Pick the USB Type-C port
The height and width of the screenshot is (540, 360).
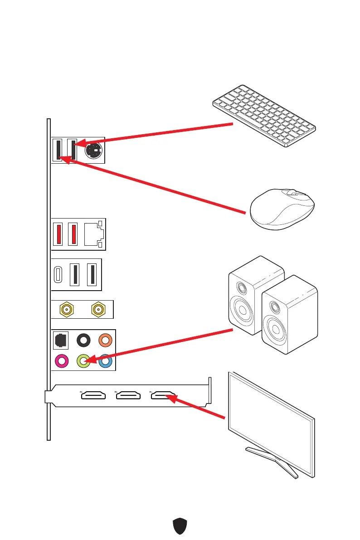[x=58, y=275]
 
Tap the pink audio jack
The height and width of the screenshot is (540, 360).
[x=61, y=361]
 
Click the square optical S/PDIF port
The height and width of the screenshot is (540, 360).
[x=61, y=340]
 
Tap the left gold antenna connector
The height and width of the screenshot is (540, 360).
[x=67, y=310]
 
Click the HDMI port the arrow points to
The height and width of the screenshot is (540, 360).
[x=164, y=397]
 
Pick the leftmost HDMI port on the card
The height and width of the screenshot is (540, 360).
[x=93, y=397]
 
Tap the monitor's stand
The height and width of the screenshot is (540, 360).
[x=272, y=460]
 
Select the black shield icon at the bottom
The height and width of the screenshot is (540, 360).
[x=180, y=526]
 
